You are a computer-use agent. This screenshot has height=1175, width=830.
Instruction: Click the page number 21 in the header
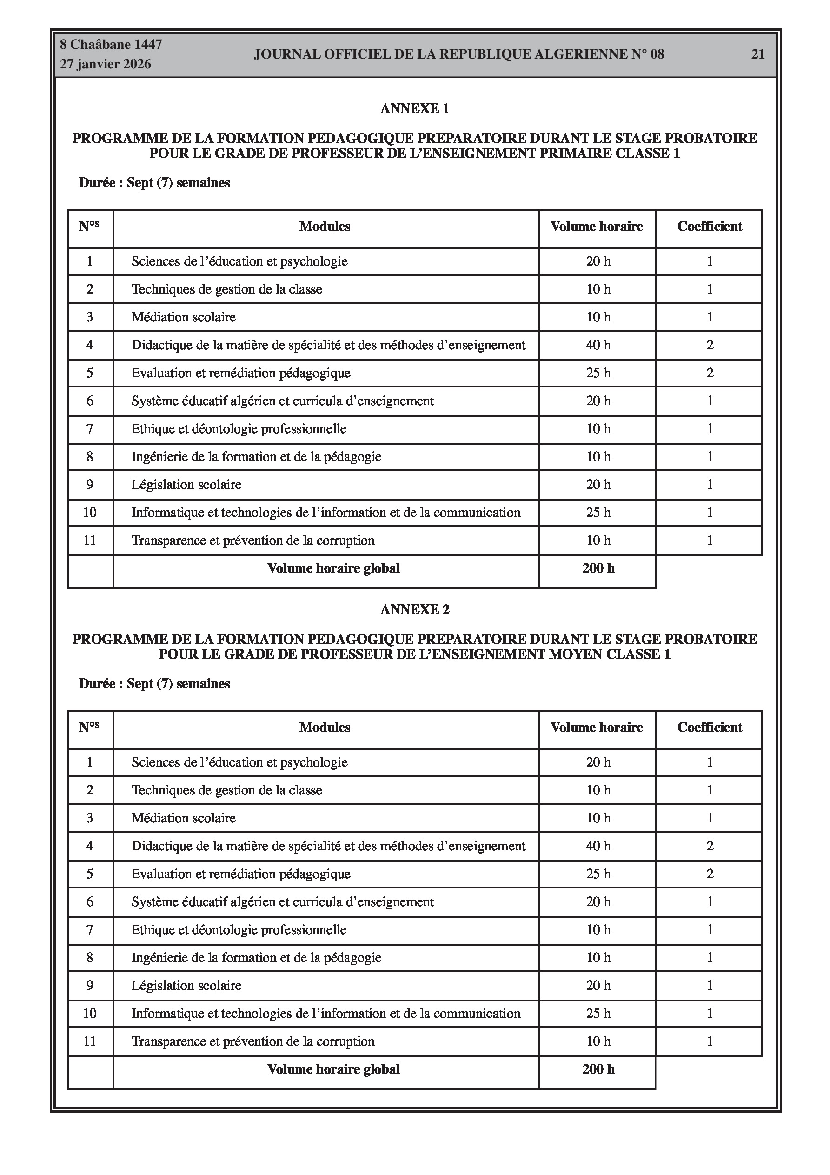click(757, 54)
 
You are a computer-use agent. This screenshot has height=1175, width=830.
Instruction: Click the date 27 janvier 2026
click(106, 64)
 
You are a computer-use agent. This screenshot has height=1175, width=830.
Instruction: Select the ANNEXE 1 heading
click(414, 108)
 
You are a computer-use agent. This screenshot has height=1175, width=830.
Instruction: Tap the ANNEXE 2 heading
click(414, 609)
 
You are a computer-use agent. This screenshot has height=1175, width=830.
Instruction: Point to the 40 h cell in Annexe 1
click(598, 346)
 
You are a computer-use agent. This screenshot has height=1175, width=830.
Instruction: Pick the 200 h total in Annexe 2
click(598, 1069)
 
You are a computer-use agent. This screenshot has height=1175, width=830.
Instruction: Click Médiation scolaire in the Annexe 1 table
click(183, 317)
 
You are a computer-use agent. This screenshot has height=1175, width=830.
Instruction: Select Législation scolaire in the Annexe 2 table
click(186, 986)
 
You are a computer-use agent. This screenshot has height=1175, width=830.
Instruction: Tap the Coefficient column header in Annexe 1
click(709, 227)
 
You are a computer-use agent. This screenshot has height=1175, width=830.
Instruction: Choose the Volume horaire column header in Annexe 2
click(597, 728)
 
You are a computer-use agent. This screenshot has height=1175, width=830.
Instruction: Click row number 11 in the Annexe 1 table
click(90, 541)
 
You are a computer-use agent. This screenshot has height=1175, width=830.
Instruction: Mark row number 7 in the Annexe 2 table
click(90, 930)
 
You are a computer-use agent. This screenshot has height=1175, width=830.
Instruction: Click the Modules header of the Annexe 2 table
click(325, 728)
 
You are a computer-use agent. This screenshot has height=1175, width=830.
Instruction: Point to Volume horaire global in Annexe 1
click(333, 568)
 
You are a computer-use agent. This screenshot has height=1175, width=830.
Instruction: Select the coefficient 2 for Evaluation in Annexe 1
click(710, 373)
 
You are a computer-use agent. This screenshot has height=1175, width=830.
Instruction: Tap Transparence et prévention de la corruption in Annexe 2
click(253, 1041)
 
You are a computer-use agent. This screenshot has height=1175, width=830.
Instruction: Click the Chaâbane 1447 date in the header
click(111, 45)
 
